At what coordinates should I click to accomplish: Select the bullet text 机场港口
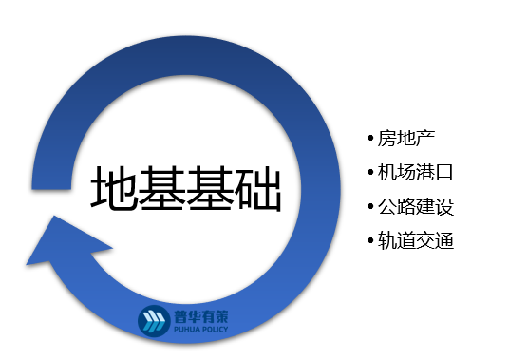click(410, 173)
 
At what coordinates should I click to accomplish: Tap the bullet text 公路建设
click(410, 206)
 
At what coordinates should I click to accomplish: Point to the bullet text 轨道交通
click(410, 240)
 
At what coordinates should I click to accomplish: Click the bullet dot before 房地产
click(370, 139)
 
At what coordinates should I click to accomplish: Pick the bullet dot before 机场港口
click(370, 173)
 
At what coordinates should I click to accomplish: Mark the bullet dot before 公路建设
click(370, 206)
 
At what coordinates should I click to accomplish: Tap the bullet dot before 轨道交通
click(370, 240)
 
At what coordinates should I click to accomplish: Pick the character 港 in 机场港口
click(422, 173)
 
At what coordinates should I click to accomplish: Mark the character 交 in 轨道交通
click(422, 240)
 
